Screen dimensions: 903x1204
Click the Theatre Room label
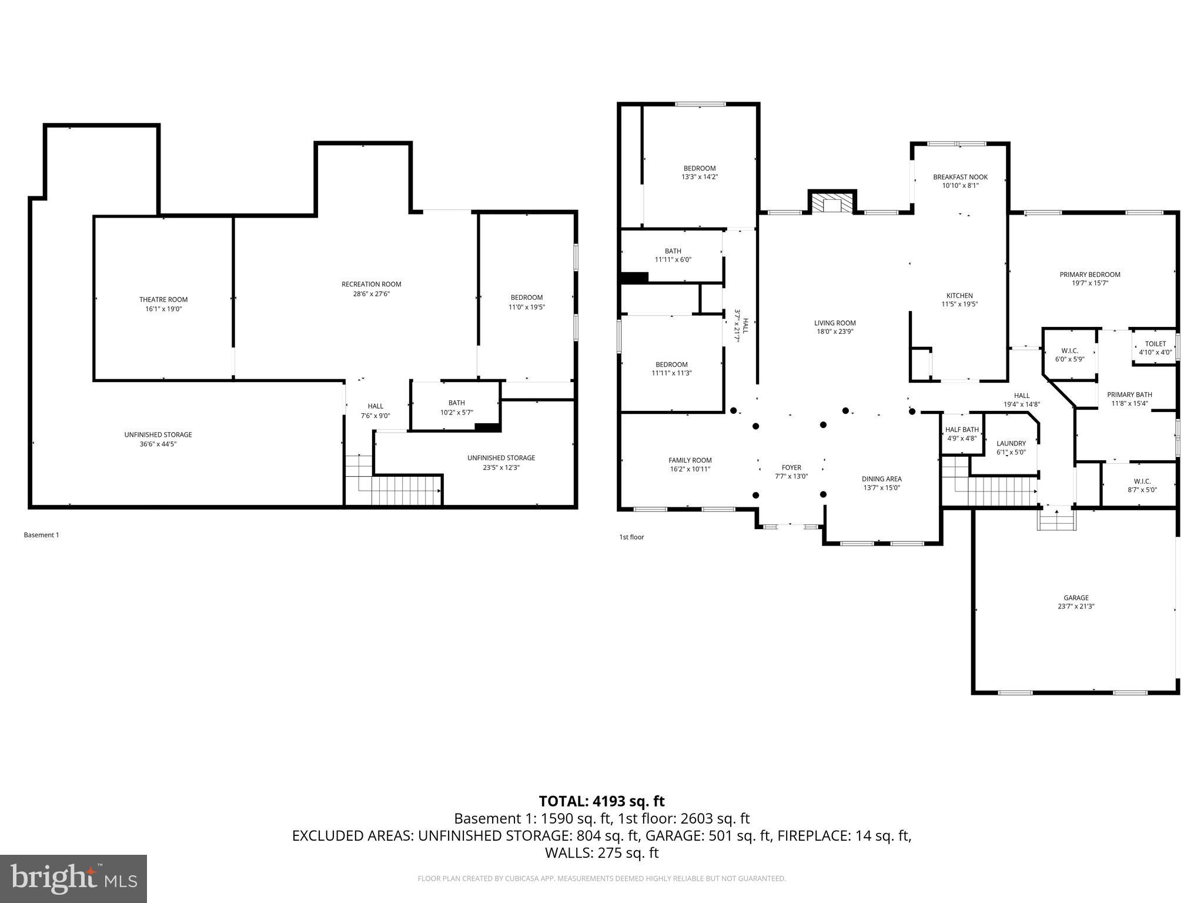click(x=163, y=300)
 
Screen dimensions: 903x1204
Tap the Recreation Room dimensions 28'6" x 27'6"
click(x=371, y=293)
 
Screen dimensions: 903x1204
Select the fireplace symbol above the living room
click(x=832, y=204)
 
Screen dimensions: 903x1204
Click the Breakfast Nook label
click(x=960, y=177)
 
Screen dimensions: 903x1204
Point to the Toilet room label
click(x=1155, y=344)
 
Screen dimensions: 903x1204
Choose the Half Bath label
click(x=962, y=430)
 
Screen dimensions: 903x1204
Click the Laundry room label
click(x=1011, y=443)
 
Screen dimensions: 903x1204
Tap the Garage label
click(x=1076, y=598)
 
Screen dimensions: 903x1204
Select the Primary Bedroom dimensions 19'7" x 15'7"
click(x=1089, y=283)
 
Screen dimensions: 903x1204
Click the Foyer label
click(x=791, y=468)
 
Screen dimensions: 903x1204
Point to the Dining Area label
click(x=881, y=479)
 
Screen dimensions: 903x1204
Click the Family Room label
click(x=690, y=460)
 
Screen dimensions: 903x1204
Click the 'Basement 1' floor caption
click(x=41, y=535)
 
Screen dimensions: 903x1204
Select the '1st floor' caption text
click(x=631, y=537)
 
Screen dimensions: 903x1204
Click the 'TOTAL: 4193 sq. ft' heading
click(x=601, y=801)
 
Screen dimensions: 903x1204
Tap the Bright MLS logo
click(x=73, y=878)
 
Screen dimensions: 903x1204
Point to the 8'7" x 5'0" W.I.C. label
click(x=1142, y=481)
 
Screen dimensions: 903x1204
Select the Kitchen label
click(x=959, y=296)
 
